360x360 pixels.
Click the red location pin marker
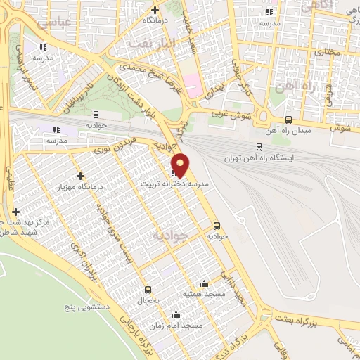pos(181,165)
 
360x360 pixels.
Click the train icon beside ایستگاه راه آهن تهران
pos(259,146)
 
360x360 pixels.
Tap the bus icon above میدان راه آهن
pos(289,120)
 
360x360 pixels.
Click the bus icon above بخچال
pos(148,289)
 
